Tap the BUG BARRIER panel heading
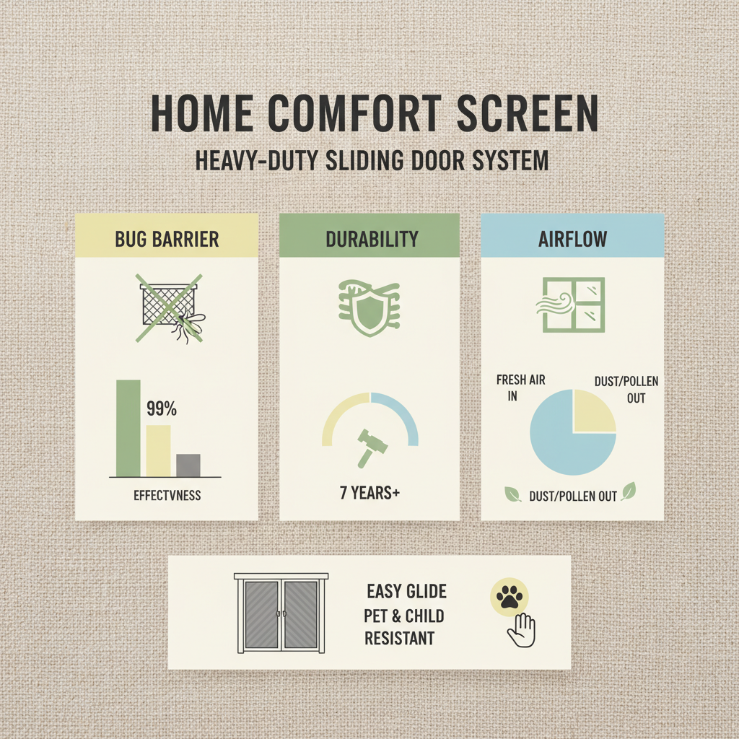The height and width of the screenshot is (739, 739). pos(167,240)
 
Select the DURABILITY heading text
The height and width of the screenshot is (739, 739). pos(369,240)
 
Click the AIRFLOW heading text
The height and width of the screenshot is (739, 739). pos(572,240)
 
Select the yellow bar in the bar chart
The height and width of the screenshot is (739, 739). pos(159,450)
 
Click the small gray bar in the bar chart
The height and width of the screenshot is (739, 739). pos(188,465)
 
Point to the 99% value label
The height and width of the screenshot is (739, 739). pos(161,409)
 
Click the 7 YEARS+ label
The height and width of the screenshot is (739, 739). pos(369,494)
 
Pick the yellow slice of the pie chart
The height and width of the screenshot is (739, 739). pos(593,411)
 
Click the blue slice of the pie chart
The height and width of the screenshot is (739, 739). pos(563,440)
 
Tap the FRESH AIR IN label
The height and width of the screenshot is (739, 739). pos(520,388)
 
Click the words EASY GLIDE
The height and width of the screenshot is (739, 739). pos(406,592)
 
